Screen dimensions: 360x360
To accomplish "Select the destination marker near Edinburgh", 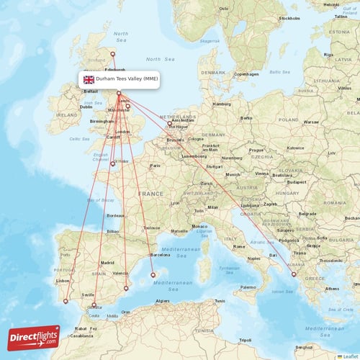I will tap(112, 54).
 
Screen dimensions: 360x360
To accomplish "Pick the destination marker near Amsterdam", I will tap(170, 124).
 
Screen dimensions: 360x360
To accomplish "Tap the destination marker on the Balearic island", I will tap(152, 275).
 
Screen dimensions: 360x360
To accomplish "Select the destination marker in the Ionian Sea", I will tap(293, 274).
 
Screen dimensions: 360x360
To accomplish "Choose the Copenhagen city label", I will tap(246, 73).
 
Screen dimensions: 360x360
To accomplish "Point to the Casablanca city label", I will tap(81, 336).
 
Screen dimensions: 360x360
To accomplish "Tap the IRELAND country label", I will tap(69, 114).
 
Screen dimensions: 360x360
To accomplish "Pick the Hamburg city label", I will tap(220, 104).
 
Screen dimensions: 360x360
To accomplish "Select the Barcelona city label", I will tap(160, 255).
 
